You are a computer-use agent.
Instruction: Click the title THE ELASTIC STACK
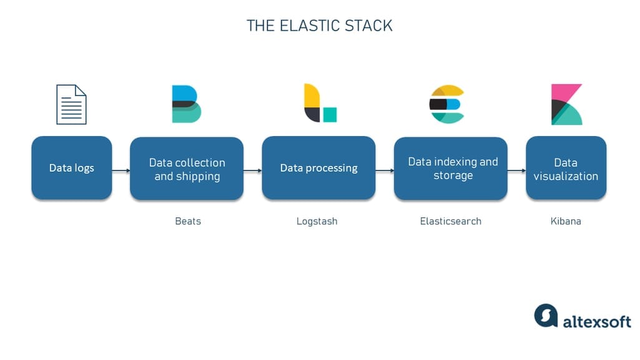[319, 26]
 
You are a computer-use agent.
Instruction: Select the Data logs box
[72, 168]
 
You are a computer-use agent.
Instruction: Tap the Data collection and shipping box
[187, 169]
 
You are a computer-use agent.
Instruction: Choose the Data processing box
[318, 168]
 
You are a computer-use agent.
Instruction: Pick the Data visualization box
[566, 168]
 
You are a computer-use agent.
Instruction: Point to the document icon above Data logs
[71, 105]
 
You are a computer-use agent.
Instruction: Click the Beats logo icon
[186, 104]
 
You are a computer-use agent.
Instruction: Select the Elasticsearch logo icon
[446, 104]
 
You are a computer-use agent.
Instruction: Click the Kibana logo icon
[566, 104]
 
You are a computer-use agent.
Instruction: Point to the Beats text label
[187, 221]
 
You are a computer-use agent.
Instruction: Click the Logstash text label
[317, 221]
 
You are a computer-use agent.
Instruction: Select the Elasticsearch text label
[450, 221]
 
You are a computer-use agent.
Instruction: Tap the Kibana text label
[566, 221]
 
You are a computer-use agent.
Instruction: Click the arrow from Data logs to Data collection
[121, 169]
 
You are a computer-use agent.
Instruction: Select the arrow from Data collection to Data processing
[252, 169]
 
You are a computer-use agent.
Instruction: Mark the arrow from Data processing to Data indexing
[385, 169]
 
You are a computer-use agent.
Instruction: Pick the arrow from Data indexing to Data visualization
[516, 169]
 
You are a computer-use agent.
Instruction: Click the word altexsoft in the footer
[596, 321]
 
